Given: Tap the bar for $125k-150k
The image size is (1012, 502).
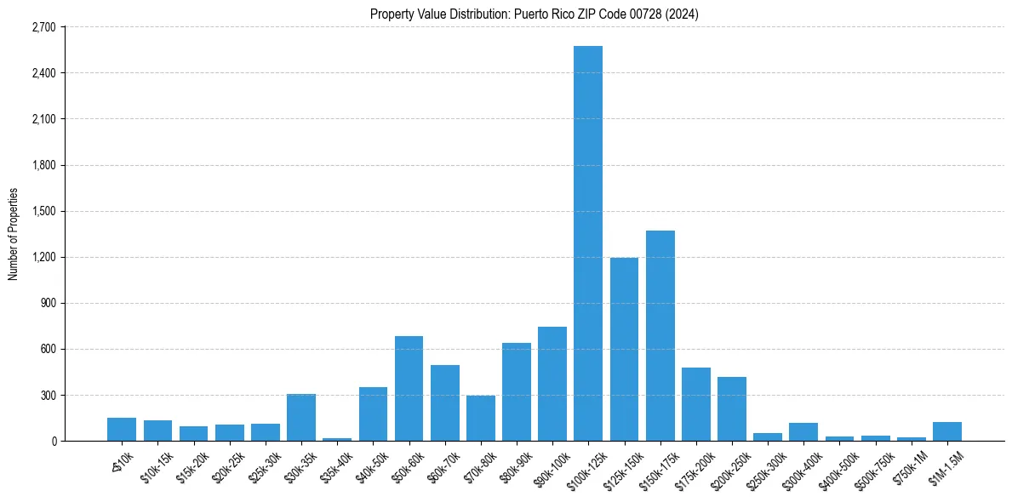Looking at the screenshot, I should (x=624, y=350).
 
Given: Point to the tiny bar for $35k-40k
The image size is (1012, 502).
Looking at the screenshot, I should (x=337, y=439).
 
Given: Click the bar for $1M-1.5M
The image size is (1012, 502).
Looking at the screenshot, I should (x=946, y=431).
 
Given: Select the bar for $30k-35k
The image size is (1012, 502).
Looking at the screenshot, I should (x=301, y=418).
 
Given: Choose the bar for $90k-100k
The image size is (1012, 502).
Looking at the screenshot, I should (x=552, y=384).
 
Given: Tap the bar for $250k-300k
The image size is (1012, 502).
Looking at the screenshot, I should (x=767, y=437).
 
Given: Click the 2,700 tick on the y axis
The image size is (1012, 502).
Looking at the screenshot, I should (x=43, y=27).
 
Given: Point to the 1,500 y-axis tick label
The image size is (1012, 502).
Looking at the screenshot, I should (x=43, y=211).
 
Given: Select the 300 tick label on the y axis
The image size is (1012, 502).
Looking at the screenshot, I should (x=48, y=396).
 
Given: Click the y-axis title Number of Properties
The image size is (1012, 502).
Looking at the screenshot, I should (x=13, y=234).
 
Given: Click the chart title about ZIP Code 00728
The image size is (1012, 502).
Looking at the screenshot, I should (x=535, y=14).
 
